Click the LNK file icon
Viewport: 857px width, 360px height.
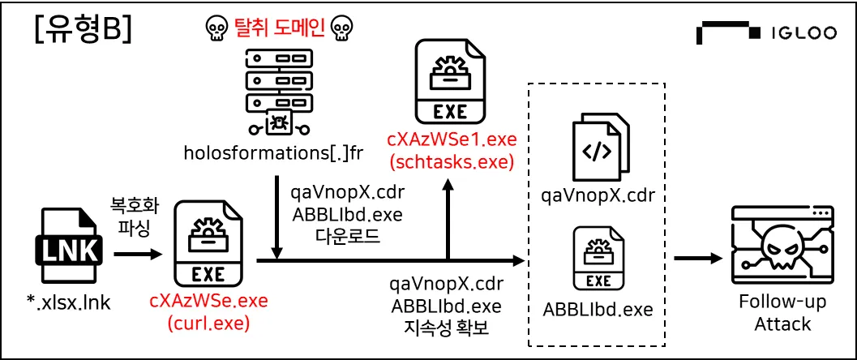(x=68, y=249)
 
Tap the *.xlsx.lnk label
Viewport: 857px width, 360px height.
(x=68, y=303)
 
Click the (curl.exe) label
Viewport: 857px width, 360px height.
(x=209, y=324)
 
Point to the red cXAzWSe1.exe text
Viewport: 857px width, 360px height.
(x=452, y=140)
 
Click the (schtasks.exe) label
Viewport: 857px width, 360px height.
(x=452, y=163)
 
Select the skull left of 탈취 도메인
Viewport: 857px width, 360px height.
(x=215, y=28)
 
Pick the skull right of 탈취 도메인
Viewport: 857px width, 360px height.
(x=343, y=28)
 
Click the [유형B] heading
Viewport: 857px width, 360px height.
(x=82, y=32)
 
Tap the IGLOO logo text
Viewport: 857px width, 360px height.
(x=803, y=33)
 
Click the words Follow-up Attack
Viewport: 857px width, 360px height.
(x=782, y=313)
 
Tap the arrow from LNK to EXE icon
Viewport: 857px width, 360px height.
(x=139, y=254)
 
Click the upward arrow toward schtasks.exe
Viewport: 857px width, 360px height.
(x=448, y=220)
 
